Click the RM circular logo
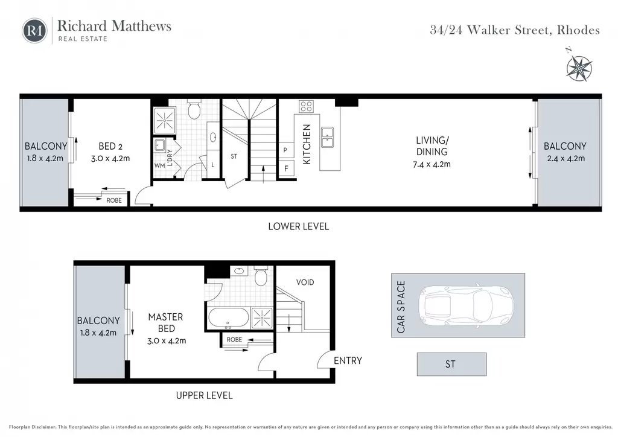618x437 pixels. click(x=34, y=31)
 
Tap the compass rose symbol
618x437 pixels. click(x=579, y=68)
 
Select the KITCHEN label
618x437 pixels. click(x=307, y=144)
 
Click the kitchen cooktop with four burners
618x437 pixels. click(x=306, y=106)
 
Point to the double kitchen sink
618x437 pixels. click(x=328, y=137)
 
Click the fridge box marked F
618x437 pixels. click(x=286, y=168)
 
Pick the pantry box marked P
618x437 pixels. click(x=285, y=150)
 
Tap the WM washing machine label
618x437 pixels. click(x=159, y=165)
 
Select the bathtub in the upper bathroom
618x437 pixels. click(x=229, y=317)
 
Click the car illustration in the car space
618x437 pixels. click(x=466, y=305)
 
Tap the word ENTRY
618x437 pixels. click(x=348, y=360)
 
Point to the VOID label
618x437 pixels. click(x=305, y=282)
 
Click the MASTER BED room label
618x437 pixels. click(x=165, y=322)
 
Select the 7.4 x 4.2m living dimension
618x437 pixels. click(x=432, y=164)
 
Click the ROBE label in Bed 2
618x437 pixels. click(x=114, y=200)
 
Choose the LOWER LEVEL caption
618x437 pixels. click(x=298, y=226)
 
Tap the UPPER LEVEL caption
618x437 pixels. click(x=204, y=395)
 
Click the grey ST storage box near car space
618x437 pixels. click(x=451, y=364)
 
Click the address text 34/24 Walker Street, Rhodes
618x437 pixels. click(x=515, y=30)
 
